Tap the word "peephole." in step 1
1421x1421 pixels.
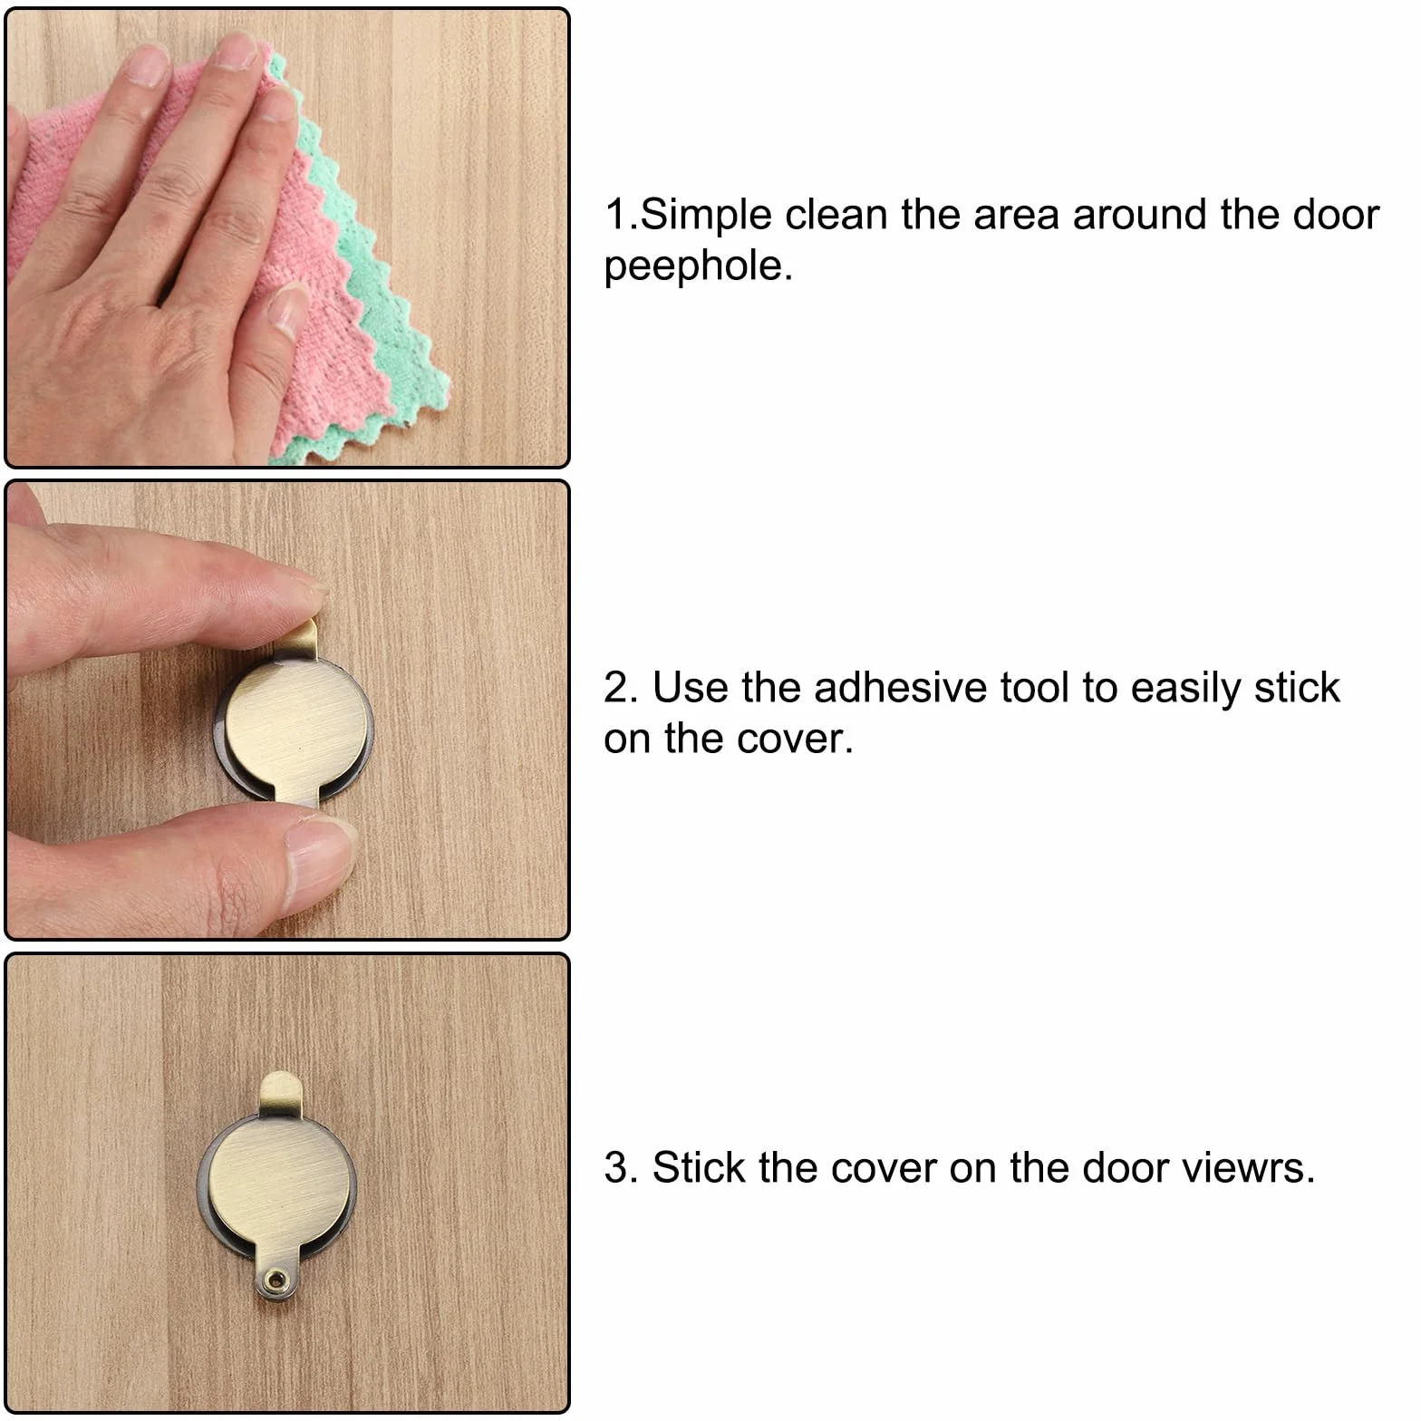698,266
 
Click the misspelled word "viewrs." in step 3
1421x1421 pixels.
1251,1168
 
